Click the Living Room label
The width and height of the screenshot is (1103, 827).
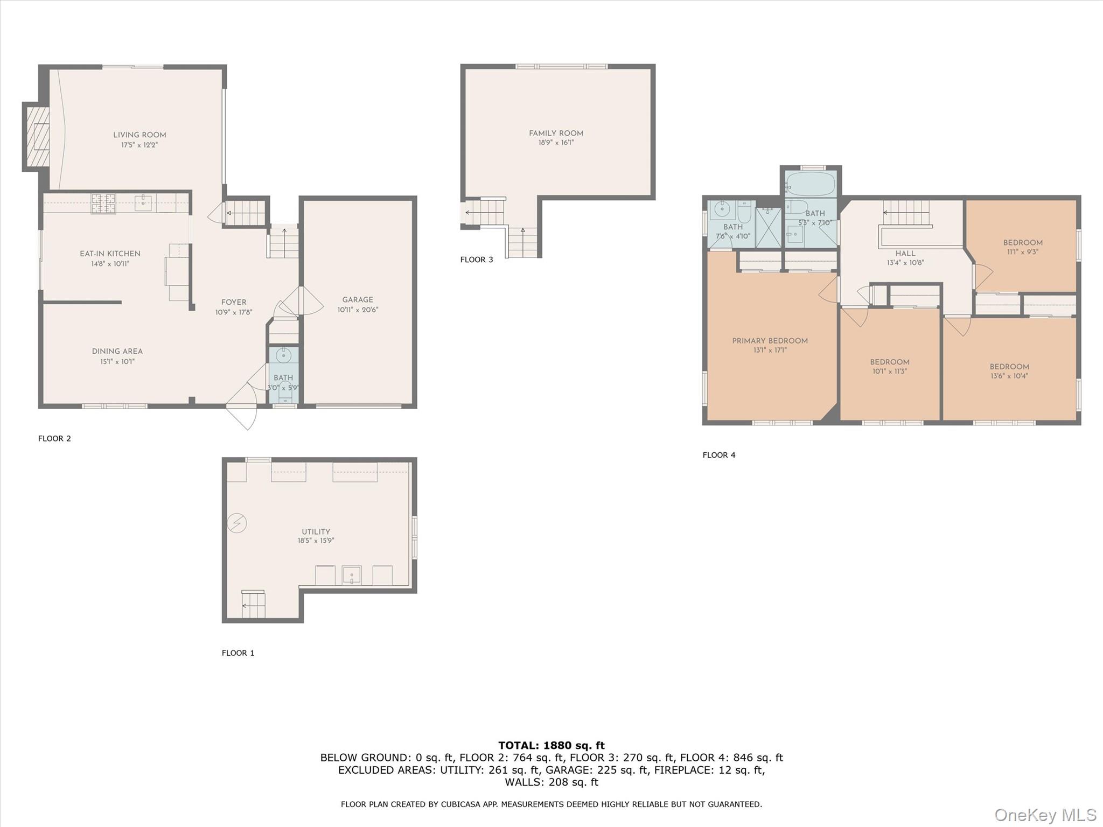click(139, 135)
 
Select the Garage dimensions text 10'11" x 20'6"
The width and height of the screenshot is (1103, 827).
click(358, 310)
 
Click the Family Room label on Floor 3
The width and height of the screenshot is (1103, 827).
click(556, 134)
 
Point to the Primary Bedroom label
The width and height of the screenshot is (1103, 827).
click(770, 341)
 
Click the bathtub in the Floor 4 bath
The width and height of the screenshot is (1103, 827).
click(810, 184)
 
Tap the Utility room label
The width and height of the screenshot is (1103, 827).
click(316, 531)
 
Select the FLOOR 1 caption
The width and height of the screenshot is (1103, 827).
click(238, 653)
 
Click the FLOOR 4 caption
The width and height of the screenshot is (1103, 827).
click(718, 455)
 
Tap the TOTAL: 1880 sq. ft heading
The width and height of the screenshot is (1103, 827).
click(551, 746)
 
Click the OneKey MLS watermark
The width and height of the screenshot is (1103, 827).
click(1045, 815)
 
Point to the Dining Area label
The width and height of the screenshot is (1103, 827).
click(117, 352)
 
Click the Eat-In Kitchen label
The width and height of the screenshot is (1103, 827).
click(110, 254)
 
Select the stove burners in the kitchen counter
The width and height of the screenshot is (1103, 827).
click(103, 204)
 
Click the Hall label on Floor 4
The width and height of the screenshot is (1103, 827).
click(905, 254)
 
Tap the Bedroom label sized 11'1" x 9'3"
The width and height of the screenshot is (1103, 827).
click(1022, 243)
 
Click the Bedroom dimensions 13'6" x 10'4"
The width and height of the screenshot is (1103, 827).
click(1009, 376)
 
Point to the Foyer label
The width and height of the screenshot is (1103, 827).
click(233, 303)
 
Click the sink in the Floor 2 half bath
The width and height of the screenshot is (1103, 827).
click(283, 355)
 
